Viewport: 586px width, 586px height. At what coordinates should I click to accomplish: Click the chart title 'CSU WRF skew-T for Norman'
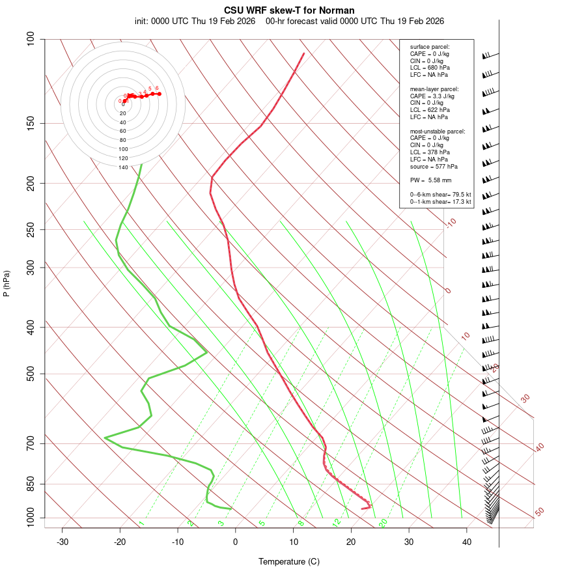click(x=289, y=10)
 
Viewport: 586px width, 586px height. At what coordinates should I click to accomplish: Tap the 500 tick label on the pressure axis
click(x=31, y=374)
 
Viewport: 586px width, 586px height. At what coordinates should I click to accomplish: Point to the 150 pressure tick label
click(x=31, y=123)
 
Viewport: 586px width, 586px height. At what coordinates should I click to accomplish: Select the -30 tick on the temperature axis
click(x=63, y=542)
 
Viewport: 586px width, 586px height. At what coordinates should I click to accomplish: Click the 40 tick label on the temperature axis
click(x=467, y=542)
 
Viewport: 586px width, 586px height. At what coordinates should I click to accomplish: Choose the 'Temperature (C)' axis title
click(x=289, y=561)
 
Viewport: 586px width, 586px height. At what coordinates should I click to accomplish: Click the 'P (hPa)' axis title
click(x=7, y=283)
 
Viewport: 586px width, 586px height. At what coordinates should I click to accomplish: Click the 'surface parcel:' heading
click(x=430, y=47)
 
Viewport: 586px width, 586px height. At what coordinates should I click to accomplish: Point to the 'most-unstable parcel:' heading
click(x=438, y=131)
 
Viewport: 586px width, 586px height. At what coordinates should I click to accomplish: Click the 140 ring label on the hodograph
click(x=123, y=167)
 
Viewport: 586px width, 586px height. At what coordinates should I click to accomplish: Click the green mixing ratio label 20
click(x=384, y=522)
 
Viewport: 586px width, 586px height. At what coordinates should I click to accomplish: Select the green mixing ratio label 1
click(x=141, y=523)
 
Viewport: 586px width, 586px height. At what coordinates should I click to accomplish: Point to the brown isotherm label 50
click(x=539, y=512)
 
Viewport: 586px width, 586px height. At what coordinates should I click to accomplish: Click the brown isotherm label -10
click(x=451, y=223)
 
